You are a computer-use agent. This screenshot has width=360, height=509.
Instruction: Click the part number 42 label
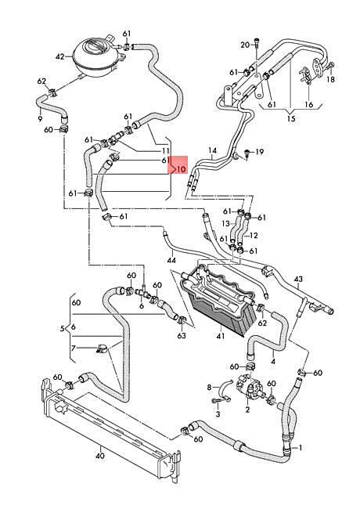(x=60, y=57)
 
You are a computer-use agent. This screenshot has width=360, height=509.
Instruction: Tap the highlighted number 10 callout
(x=181, y=169)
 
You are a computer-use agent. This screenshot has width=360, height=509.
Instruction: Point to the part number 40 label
(x=100, y=456)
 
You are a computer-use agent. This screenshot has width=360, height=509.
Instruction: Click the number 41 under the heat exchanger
(x=221, y=336)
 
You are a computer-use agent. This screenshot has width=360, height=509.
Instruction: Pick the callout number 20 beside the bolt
(x=245, y=45)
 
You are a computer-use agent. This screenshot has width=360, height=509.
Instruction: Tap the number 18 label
(x=330, y=79)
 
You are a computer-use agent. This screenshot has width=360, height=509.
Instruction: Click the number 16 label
(x=309, y=104)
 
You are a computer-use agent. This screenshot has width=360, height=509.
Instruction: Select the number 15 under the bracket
(x=291, y=118)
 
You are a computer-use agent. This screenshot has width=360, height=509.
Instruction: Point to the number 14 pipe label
(x=212, y=150)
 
